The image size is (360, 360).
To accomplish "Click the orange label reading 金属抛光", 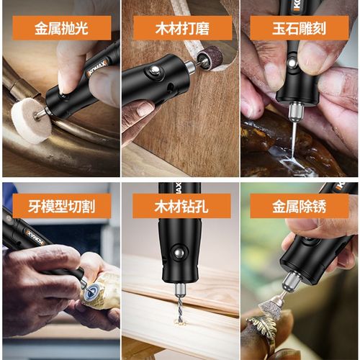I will pyautogui.click(x=63, y=29).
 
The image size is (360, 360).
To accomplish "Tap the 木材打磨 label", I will pyautogui.click(x=182, y=29).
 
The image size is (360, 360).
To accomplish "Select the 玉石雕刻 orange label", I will pyautogui.click(x=298, y=29).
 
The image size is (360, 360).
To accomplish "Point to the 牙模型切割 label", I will pyautogui.click(x=62, y=206).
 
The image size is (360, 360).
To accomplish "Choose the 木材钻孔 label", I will pyautogui.click(x=182, y=206).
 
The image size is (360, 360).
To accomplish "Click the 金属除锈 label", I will pyautogui.click(x=298, y=206).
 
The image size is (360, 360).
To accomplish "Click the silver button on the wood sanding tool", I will pyautogui.click(x=153, y=71).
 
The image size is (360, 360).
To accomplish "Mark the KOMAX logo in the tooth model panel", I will pyautogui.click(x=33, y=237).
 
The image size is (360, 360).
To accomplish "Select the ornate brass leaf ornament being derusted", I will pyautogui.click(x=261, y=331).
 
